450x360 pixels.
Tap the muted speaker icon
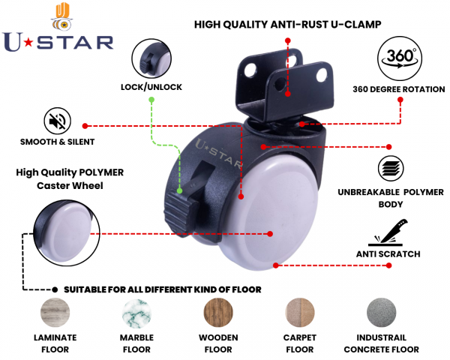click(x=57, y=121)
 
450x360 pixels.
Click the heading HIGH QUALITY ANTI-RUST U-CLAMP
click(x=288, y=24)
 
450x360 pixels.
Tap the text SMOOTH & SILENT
click(x=58, y=142)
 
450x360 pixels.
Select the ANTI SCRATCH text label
click(x=388, y=254)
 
